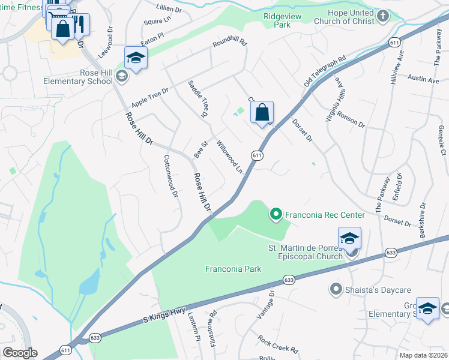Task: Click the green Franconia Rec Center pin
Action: click(x=276, y=214)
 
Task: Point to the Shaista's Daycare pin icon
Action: click(x=336, y=289)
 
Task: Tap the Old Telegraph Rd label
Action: click(x=325, y=71)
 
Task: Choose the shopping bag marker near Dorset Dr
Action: click(x=262, y=112)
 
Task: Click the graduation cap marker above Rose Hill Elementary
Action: click(x=136, y=58)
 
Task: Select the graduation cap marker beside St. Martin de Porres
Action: click(x=349, y=239)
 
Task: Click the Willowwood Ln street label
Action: click(x=229, y=158)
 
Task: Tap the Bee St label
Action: click(x=200, y=149)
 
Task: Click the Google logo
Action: click(x=20, y=353)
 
